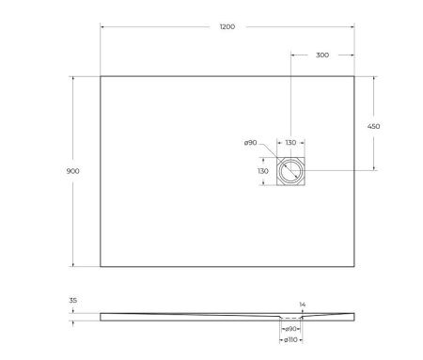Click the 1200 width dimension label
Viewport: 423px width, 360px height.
pyautogui.click(x=227, y=27)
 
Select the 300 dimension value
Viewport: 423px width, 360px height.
pyautogui.click(x=322, y=55)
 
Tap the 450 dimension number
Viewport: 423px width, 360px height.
pyautogui.click(x=374, y=126)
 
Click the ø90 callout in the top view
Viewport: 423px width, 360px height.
pyautogui.click(x=250, y=143)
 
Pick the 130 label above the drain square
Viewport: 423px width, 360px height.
pyautogui.click(x=290, y=143)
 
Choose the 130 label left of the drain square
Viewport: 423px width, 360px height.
pyautogui.click(x=262, y=171)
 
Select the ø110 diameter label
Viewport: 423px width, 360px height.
pyautogui.click(x=290, y=338)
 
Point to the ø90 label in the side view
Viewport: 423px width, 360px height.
pyautogui.click(x=292, y=328)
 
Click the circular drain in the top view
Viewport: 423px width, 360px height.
pyautogui.click(x=290, y=170)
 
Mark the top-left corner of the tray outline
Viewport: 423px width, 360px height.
pyautogui.click(x=101, y=76)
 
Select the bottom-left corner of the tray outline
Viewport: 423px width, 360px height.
pyautogui.click(x=101, y=266)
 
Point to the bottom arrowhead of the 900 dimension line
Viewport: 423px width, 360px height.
pyautogui.click(x=72, y=263)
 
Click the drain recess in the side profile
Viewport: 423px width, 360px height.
pyautogui.click(x=290, y=320)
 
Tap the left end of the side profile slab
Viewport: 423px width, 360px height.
pyautogui.click(x=102, y=316)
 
